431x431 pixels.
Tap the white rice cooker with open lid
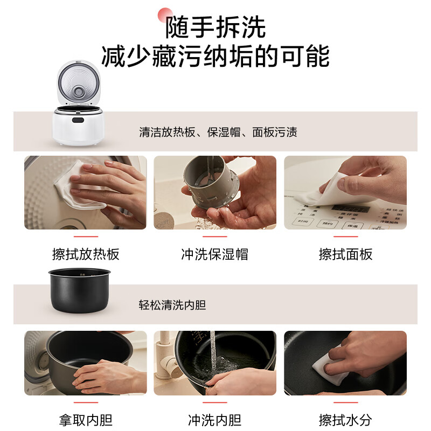(78, 105)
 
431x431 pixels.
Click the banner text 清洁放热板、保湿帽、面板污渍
(218, 132)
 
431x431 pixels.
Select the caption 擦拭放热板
(86, 254)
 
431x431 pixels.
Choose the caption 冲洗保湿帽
(215, 254)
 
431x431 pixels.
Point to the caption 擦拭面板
(345, 254)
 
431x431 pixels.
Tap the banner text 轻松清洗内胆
(172, 305)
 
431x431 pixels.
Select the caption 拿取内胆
(86, 420)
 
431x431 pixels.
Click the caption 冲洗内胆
(215, 420)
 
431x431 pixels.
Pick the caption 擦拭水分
(345, 420)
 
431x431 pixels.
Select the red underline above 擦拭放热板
(86, 236)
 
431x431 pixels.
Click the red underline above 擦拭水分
(345, 402)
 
